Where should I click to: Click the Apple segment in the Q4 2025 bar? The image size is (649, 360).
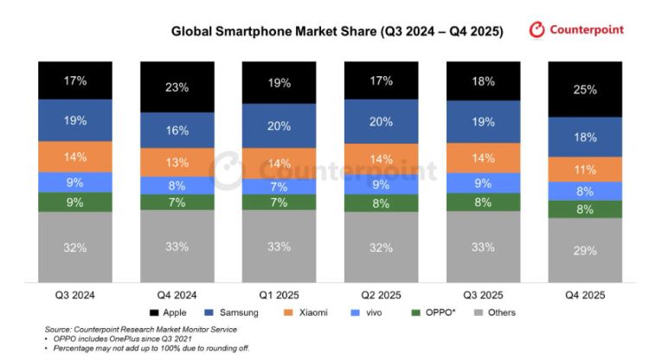point(584,88)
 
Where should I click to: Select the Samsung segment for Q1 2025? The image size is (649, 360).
point(279,125)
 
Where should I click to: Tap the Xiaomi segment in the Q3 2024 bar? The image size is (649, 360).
point(74,157)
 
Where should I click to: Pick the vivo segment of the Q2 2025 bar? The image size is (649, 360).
point(381,183)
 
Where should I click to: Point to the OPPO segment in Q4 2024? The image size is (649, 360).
point(177,202)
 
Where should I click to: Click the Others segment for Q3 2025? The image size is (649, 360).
point(482,247)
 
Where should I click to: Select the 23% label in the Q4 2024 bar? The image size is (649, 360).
point(177,87)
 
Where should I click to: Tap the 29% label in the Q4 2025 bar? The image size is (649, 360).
point(584,250)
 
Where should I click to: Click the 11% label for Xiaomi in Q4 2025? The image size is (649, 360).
point(584,169)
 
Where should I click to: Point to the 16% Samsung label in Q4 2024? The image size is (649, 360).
point(177,131)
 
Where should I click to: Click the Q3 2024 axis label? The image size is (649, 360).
point(74,294)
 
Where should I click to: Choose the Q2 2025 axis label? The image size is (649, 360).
point(381,294)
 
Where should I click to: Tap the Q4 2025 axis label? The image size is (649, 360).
point(584,294)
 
